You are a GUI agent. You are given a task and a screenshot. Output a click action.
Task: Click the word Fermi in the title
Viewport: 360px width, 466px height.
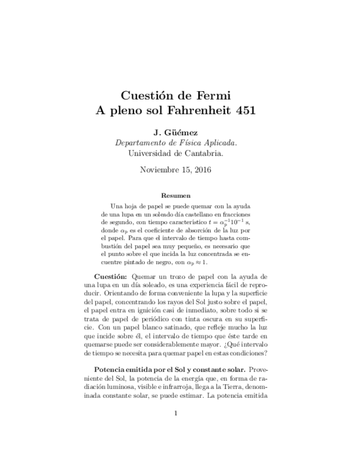coord(211,92)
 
